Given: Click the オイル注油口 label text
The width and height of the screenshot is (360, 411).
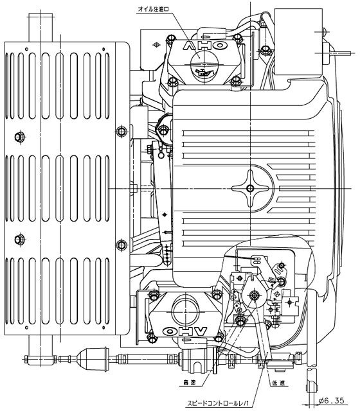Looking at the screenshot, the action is [x=153, y=9].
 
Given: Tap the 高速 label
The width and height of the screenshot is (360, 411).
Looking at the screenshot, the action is [x=190, y=383].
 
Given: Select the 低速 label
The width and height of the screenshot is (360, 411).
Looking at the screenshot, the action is [x=278, y=383].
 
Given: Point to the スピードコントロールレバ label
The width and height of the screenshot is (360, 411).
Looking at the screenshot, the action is [x=217, y=403].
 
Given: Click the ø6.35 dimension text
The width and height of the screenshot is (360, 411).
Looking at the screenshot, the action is [x=331, y=401].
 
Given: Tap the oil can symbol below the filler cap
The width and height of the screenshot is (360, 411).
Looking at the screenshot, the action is [x=203, y=72].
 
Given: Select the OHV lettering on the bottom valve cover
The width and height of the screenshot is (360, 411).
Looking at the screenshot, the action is [x=185, y=331].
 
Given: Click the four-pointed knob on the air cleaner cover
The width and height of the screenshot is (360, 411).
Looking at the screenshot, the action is [x=250, y=188].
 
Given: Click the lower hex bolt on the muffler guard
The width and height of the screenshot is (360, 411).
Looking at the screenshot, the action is [x=19, y=239].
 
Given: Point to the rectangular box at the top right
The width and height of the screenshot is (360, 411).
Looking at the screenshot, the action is [x=298, y=42].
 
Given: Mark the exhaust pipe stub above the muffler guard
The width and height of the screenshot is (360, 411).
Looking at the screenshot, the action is [x=40, y=28].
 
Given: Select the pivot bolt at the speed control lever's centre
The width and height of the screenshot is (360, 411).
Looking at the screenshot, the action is [x=254, y=295].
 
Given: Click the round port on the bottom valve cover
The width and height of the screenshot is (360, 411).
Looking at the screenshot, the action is [x=185, y=311].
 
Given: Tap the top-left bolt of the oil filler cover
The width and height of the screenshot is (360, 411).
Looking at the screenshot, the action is [x=171, y=39].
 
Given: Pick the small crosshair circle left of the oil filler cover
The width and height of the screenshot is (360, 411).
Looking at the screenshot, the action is [x=156, y=45].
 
